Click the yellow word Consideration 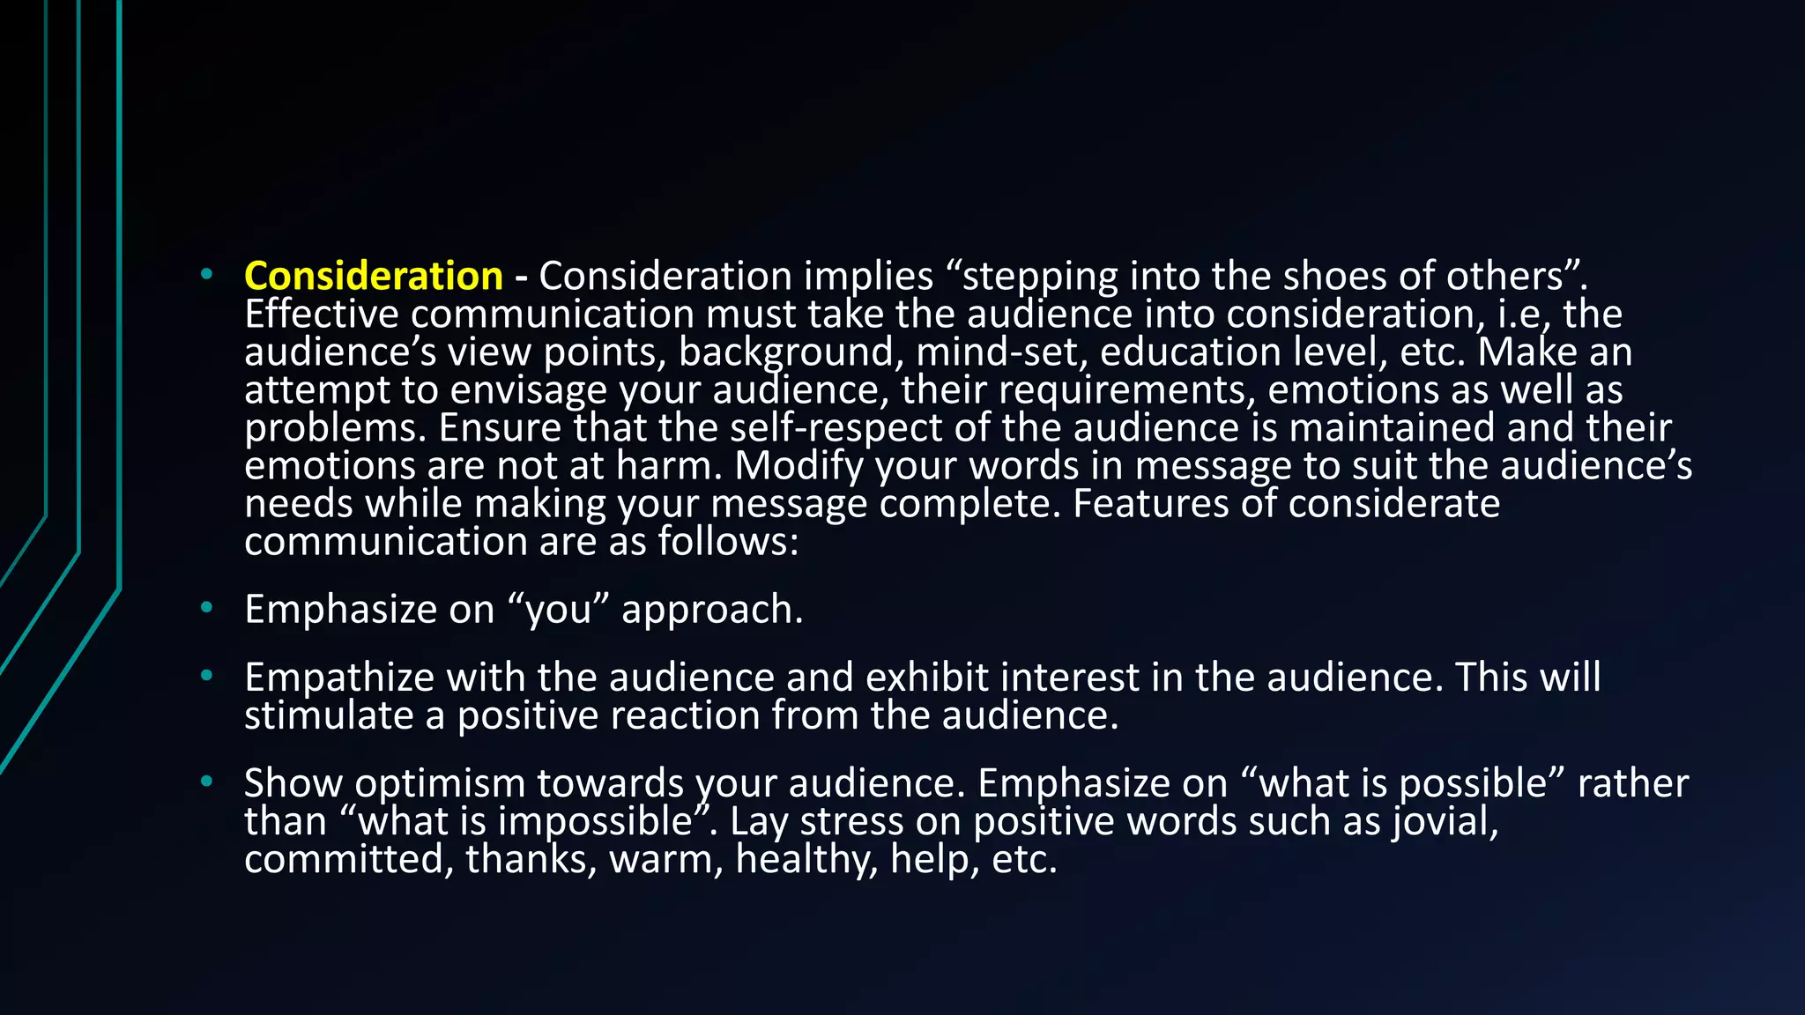pos(373,277)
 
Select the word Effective pos(321,315)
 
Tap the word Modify pos(799,466)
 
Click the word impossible pos(596,821)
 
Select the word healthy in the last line pos(806,859)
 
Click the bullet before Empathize pos(206,677)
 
